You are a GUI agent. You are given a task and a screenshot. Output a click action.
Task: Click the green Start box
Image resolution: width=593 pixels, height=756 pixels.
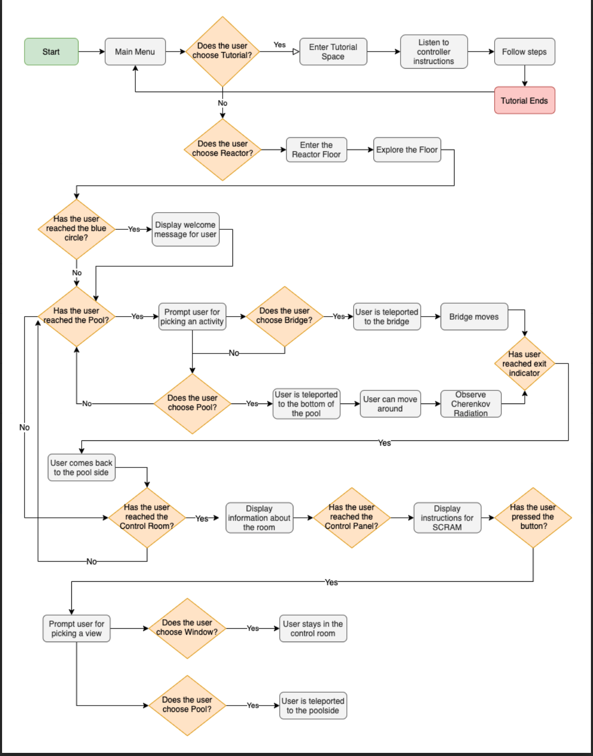coord(51,51)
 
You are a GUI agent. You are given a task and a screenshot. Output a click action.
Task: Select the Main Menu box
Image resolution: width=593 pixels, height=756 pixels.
coord(135,51)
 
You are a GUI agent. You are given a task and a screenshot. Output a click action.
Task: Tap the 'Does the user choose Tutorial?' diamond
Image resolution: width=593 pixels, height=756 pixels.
coord(222,51)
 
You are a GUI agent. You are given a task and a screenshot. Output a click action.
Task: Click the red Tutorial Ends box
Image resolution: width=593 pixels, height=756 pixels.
coord(524,100)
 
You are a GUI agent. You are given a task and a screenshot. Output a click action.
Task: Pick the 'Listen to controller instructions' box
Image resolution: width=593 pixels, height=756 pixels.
coord(434,51)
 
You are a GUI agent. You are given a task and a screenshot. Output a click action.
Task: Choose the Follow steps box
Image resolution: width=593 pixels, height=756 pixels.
coord(524,51)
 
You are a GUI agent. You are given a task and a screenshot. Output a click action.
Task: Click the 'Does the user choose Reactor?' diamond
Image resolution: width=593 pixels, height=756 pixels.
coord(222,149)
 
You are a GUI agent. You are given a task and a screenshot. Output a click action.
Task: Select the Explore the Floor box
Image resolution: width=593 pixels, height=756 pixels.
coord(407,150)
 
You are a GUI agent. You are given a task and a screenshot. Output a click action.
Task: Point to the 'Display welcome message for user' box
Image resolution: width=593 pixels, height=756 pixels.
coord(185,229)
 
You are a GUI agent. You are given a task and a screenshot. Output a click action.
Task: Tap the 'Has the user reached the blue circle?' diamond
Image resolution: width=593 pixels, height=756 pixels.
coord(76,229)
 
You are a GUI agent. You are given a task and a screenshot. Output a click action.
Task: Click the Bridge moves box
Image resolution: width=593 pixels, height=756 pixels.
coord(474,317)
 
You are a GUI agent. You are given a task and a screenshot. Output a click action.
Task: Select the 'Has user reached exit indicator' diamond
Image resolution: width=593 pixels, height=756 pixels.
coord(524,363)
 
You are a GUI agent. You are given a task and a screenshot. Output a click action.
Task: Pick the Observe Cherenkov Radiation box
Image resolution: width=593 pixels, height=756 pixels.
coord(471,404)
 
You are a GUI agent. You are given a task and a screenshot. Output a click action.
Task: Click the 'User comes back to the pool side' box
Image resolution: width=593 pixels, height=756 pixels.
coord(81,467)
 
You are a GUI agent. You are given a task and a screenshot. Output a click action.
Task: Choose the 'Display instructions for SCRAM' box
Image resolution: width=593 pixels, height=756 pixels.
coord(447,518)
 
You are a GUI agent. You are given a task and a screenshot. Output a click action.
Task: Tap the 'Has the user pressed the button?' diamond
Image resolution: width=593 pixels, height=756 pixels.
coord(533,517)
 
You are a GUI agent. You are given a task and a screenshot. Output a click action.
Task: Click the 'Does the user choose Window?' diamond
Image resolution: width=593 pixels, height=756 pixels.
coord(187,628)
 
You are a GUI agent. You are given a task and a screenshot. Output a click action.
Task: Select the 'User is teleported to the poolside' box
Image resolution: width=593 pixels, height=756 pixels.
coord(313,706)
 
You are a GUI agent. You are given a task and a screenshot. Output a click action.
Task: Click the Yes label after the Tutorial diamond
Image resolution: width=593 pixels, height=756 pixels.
coord(279,45)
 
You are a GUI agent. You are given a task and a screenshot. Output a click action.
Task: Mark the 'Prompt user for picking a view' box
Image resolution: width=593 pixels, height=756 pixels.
coord(76,629)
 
